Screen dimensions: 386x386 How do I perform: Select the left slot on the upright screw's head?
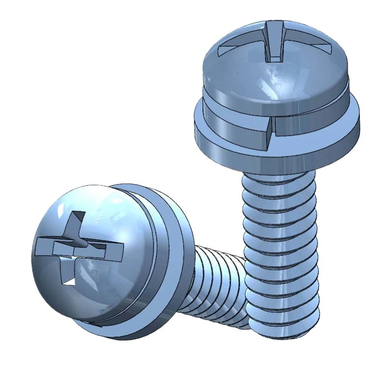pyautogui.click(x=236, y=46)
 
